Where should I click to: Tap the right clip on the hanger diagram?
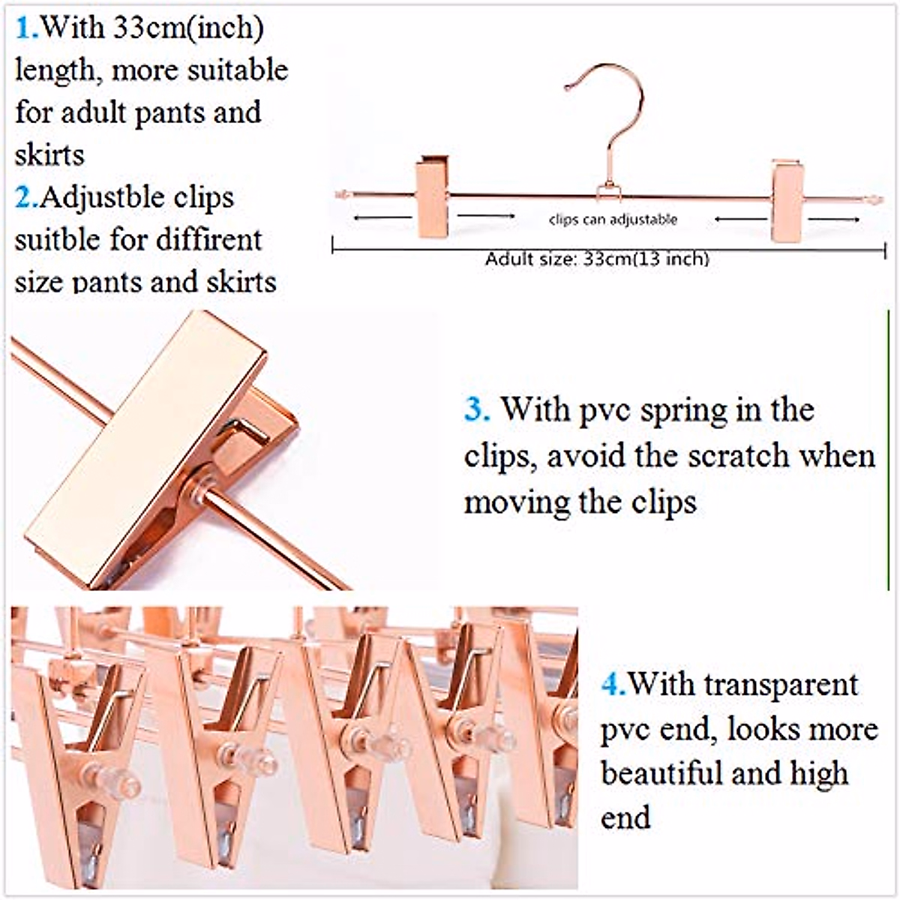787,201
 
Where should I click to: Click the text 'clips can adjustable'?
613,220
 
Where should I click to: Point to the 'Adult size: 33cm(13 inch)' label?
596,259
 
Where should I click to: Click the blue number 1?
25,28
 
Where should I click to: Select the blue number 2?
25,198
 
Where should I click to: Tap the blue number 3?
476,410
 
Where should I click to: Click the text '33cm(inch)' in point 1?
188,28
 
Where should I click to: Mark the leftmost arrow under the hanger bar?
382,218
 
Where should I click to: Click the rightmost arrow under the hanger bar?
834,219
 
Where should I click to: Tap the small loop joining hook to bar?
608,192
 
